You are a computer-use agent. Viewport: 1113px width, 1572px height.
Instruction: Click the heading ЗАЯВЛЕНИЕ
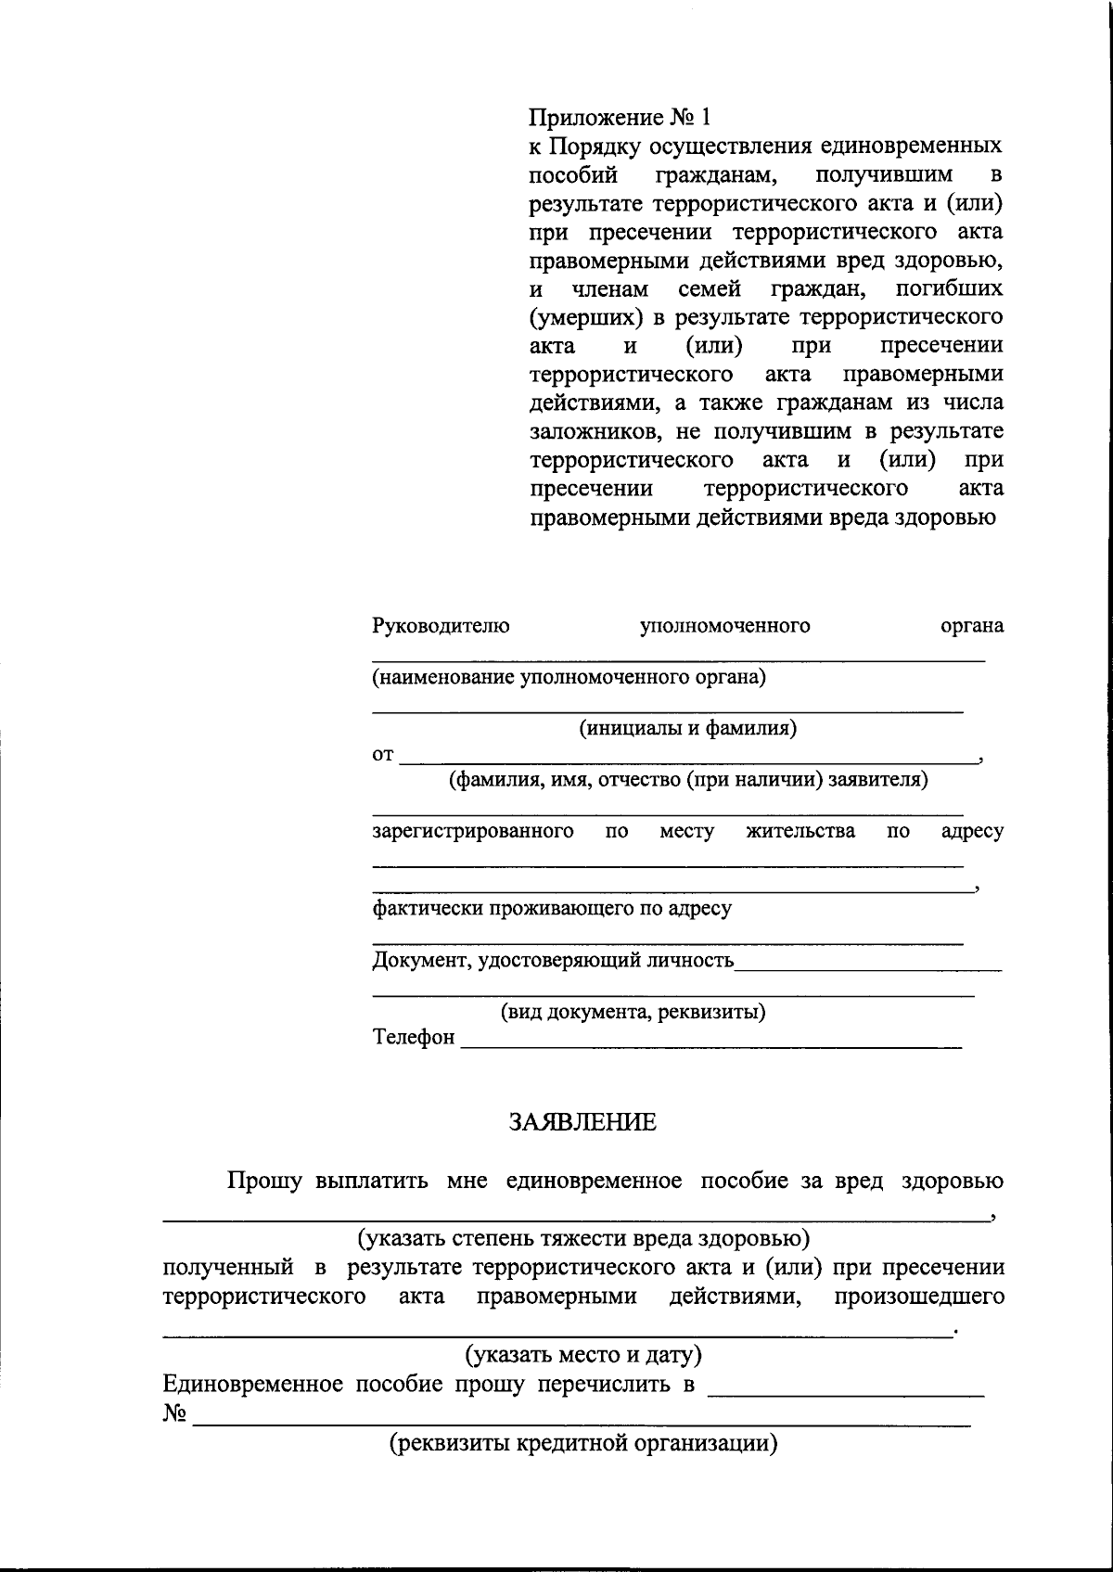pyautogui.click(x=582, y=1123)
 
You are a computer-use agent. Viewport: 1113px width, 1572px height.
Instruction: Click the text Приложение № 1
pyautogui.click(x=620, y=118)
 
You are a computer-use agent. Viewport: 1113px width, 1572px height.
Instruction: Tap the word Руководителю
pyautogui.click(x=441, y=626)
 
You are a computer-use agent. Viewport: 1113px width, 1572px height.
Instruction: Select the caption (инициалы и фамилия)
pyautogui.click(x=688, y=728)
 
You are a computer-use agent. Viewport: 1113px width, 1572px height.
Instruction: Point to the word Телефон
pyautogui.click(x=414, y=1038)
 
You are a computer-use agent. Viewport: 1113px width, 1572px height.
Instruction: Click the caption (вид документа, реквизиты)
pyautogui.click(x=633, y=1012)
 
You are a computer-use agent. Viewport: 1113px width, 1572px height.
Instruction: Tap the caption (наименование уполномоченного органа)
pyautogui.click(x=569, y=677)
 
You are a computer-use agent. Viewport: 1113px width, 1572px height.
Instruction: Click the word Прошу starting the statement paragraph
pyautogui.click(x=265, y=1182)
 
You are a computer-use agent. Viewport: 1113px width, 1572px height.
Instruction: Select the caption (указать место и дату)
pyautogui.click(x=582, y=1355)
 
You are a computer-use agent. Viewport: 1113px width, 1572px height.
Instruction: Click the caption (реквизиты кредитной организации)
pyautogui.click(x=582, y=1444)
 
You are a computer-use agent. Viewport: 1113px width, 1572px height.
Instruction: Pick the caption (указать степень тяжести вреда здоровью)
pyautogui.click(x=582, y=1238)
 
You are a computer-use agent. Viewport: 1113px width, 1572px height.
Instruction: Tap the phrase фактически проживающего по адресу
pyautogui.click(x=552, y=909)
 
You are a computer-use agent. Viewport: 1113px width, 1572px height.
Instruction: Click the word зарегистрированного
pyautogui.click(x=473, y=831)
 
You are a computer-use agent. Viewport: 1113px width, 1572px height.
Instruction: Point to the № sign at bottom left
pyautogui.click(x=175, y=1414)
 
